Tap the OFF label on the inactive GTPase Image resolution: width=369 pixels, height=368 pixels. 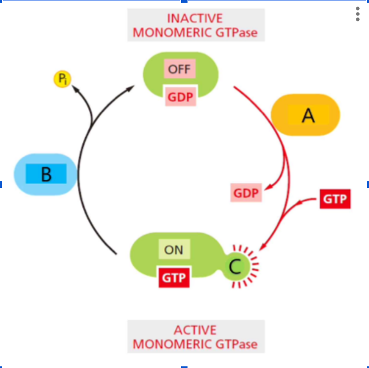(x=179, y=70)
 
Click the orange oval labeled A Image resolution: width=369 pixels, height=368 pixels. (x=306, y=115)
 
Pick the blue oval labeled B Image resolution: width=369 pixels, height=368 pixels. (x=46, y=174)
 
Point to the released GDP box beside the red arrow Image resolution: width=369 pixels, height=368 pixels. (x=246, y=193)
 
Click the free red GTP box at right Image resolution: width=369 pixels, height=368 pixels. (x=335, y=199)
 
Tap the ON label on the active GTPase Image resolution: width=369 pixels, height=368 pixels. (x=174, y=250)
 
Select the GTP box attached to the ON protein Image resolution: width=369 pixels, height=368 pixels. (x=174, y=278)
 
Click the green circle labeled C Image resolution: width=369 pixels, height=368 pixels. (x=235, y=267)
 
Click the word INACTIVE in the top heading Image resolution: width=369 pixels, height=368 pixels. (x=195, y=19)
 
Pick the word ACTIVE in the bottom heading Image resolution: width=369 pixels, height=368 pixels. (x=195, y=330)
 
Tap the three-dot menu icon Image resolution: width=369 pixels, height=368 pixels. (x=357, y=14)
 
